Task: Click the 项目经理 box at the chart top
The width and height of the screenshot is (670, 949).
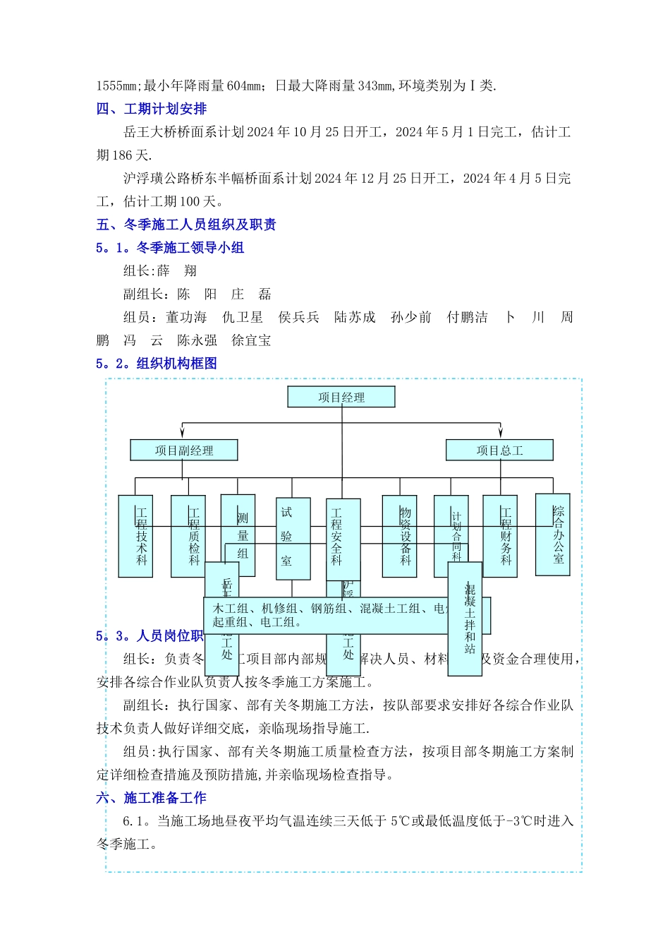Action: (341, 397)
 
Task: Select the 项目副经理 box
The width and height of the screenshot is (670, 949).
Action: (184, 450)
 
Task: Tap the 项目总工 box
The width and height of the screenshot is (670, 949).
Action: (499, 450)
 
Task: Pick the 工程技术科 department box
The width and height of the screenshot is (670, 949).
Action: (135, 536)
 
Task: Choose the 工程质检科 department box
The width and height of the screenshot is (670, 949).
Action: (188, 536)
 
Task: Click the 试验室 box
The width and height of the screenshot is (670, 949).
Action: (293, 539)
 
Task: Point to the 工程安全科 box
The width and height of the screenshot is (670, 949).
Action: (343, 539)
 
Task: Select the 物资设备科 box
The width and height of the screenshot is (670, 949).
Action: (399, 536)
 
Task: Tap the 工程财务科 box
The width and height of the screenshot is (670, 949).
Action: (500, 536)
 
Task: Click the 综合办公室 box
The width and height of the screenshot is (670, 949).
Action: (552, 535)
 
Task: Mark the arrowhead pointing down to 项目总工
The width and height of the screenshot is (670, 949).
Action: (500, 433)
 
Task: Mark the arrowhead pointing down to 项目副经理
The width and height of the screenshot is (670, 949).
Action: (183, 433)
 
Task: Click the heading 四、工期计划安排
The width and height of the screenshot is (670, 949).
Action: (152, 109)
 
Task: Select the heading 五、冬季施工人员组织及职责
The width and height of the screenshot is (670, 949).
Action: (186, 225)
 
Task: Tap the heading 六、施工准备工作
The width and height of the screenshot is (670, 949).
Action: (152, 798)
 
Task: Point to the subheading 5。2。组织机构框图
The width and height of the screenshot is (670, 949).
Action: (157, 364)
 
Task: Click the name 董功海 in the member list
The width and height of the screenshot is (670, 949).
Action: (186, 317)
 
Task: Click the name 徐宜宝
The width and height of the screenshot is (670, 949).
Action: (251, 340)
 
